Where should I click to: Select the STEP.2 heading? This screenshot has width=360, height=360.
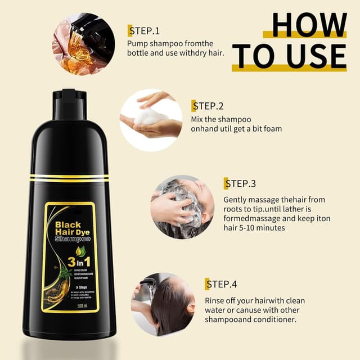coord(208,106)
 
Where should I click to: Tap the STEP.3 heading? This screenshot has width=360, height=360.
coord(240,183)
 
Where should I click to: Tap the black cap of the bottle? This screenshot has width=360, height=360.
coord(70,104)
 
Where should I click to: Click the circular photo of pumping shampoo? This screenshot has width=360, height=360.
coord(83,43)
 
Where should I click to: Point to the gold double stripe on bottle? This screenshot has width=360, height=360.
coord(70,178)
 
